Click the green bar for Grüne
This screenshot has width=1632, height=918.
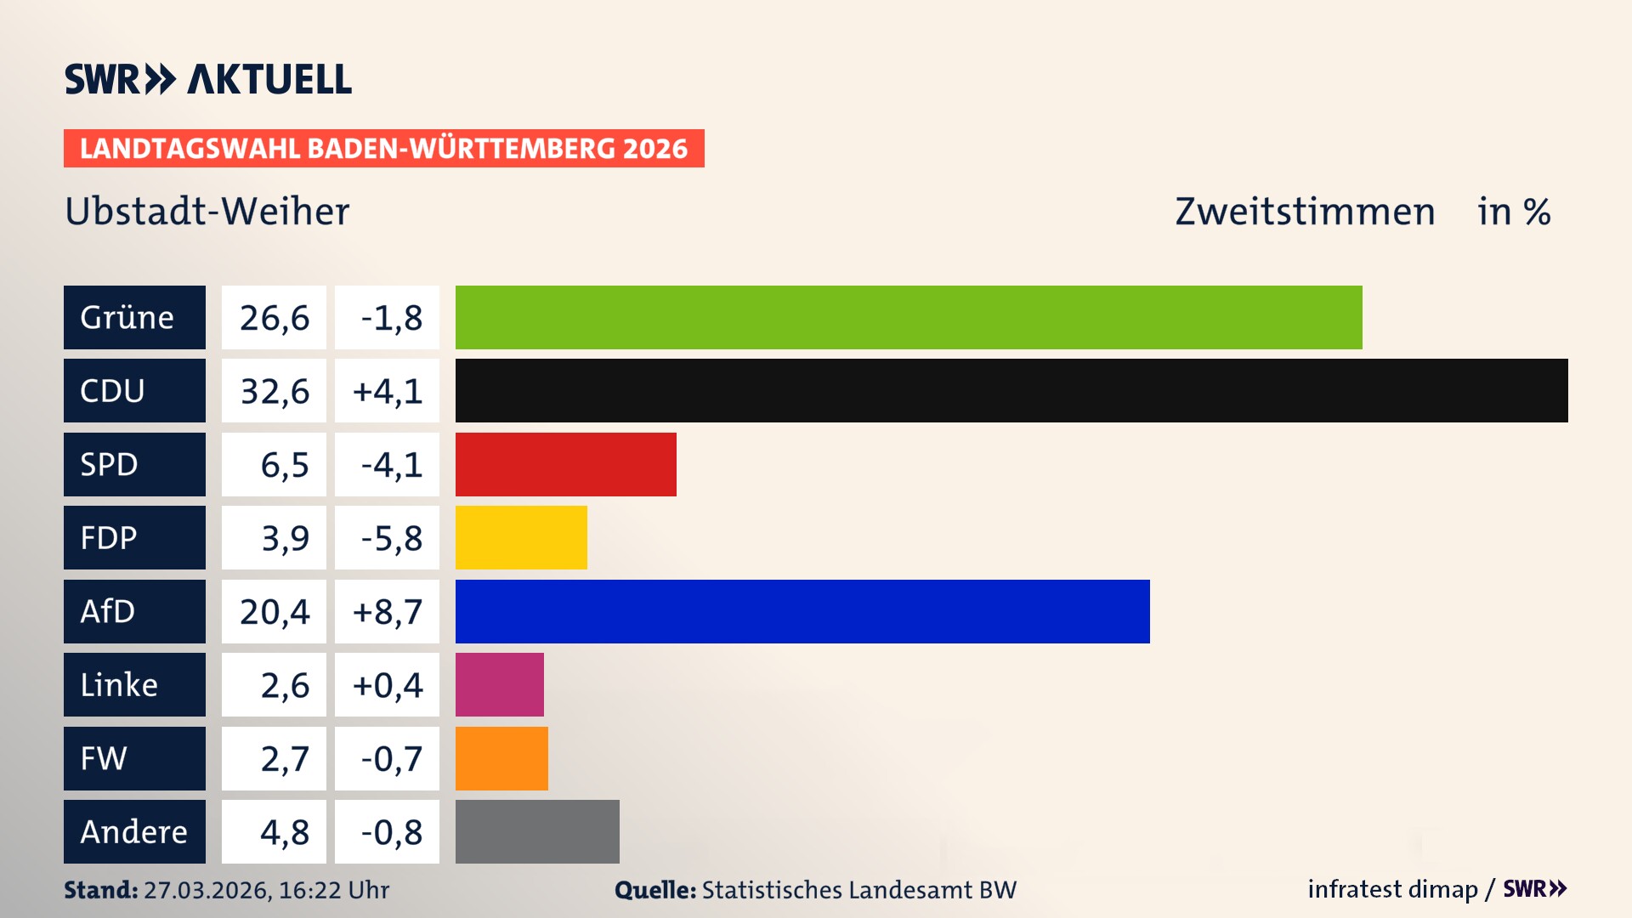908,317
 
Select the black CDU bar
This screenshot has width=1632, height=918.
1011,391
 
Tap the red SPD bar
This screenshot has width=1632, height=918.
565,464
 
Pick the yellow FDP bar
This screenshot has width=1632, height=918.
521,537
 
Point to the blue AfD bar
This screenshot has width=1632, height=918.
802,611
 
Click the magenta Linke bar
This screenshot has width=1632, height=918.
499,684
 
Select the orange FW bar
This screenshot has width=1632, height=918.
501,758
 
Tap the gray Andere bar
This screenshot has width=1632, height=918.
537,831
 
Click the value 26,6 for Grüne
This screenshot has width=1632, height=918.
274,318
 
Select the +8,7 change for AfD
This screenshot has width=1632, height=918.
387,612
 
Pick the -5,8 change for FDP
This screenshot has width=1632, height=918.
390,538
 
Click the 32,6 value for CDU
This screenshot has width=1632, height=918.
274,392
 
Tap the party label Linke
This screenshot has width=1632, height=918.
119,685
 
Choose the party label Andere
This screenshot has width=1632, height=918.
133,832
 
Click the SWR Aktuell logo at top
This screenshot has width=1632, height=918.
207,79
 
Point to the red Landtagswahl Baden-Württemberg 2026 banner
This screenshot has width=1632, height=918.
383,149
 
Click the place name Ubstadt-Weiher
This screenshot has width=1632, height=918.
207,212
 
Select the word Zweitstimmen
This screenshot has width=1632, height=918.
1305,212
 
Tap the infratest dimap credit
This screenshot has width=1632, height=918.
1392,889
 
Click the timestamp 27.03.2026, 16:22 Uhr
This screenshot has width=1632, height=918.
266,890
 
